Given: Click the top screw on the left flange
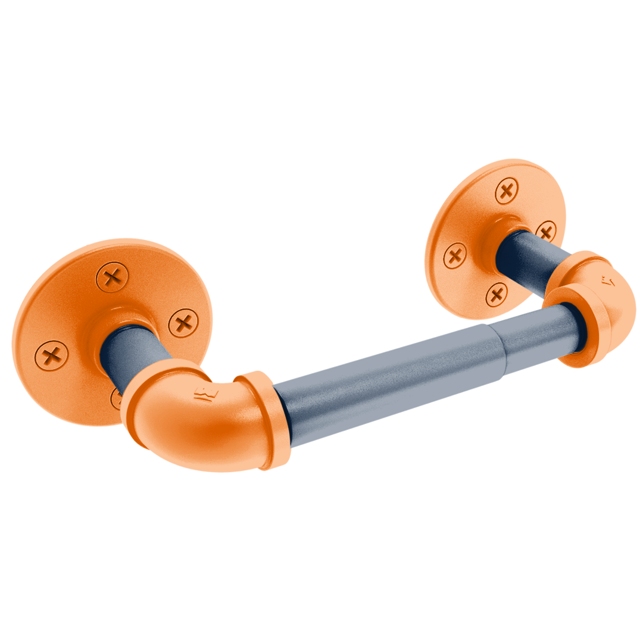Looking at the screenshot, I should coord(112,277).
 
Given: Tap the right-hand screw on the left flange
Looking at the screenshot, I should coord(183,323).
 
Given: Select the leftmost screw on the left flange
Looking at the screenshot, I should coord(52,355).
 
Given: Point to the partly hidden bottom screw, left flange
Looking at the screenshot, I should coord(116,398).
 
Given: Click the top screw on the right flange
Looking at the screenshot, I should coord(507,192).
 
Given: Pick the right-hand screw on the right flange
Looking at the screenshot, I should coord(545,231).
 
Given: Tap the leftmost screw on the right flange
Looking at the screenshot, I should coord(455,256).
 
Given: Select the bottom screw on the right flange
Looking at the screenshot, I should coord(496,294).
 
